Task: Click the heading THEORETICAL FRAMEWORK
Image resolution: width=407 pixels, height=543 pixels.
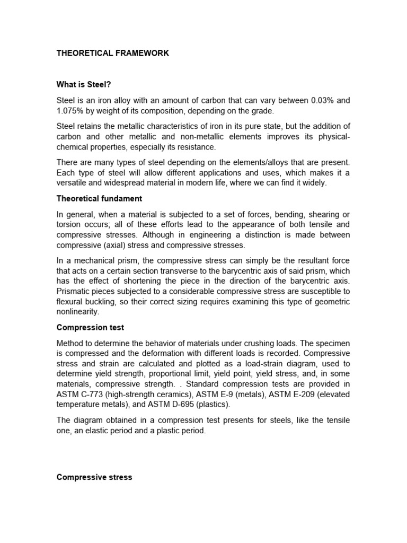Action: (113, 54)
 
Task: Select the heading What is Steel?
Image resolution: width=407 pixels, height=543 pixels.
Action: (84, 84)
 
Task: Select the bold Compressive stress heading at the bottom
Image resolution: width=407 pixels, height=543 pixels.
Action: (94, 477)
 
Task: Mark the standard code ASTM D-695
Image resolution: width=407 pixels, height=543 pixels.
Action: (170, 405)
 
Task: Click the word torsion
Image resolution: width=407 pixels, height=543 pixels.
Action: (69, 224)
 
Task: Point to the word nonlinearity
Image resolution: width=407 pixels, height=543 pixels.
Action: (78, 312)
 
